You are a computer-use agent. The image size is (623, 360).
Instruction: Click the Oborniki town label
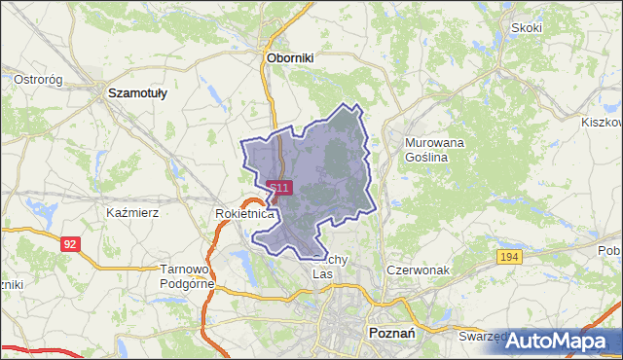coord(290,58)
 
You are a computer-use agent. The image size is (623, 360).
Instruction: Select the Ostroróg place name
coord(39,79)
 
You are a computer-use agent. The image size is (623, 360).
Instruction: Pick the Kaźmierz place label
coord(132,211)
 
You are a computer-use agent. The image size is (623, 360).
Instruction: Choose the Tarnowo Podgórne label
coord(185,276)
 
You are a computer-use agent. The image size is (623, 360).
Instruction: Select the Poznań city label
coord(394,332)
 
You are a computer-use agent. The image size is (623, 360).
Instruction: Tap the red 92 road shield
coord(68,244)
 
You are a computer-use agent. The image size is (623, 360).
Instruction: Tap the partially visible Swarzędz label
coord(483,336)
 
